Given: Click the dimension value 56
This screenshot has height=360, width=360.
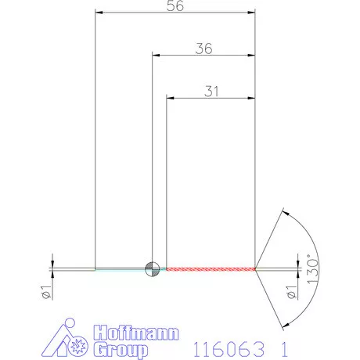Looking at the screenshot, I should tap(176, 7).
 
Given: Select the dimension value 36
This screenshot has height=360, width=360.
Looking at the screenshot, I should tap(204, 49).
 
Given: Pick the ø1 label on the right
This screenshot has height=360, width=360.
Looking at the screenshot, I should tap(291, 293).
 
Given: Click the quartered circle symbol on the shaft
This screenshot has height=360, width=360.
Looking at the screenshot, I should tap(153, 268).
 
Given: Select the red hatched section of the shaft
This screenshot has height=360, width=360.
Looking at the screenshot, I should tap(211, 268).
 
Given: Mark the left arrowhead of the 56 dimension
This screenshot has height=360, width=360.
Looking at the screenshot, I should tap(99, 13).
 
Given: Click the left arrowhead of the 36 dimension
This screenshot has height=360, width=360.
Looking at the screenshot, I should tap(157, 56).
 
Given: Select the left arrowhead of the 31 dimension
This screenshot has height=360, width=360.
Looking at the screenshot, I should tap(171, 98).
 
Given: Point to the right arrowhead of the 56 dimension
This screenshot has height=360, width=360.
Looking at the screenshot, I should tap(252, 13).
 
